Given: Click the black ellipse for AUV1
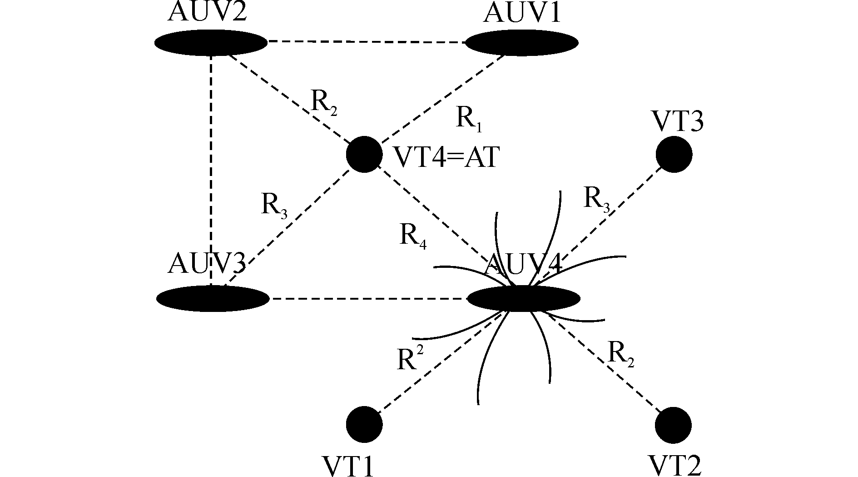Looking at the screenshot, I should click(521, 43).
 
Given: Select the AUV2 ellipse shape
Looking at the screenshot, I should click(211, 43).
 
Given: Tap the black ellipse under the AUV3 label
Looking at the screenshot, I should click(213, 299).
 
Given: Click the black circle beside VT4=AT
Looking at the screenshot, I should click(364, 154).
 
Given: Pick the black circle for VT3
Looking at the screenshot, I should click(674, 154).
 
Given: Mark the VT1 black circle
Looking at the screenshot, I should click(364, 424).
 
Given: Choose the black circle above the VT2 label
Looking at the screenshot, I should click(673, 425).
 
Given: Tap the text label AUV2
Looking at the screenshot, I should click(207, 13).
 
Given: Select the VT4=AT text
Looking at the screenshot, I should click(446, 158).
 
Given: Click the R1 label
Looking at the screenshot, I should click(468, 119).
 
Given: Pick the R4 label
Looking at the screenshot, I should click(413, 236).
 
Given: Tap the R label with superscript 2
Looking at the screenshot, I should click(410, 360).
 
